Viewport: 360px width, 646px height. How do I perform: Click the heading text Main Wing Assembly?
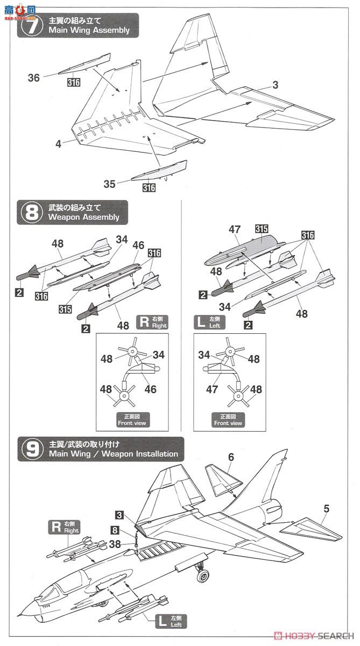pos(89,31)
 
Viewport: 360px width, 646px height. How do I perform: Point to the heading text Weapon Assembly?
pos(83,217)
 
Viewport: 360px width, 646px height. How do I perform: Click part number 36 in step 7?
pos(34,78)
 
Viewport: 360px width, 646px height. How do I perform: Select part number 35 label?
pos(109,184)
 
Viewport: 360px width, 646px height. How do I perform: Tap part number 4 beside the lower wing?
pos(58,144)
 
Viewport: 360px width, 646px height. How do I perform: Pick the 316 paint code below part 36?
pos(73,82)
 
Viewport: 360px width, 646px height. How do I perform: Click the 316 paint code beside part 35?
pos(149,188)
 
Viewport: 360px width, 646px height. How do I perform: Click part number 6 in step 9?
pos(231,457)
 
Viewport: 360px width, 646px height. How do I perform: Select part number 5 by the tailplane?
pos(326,508)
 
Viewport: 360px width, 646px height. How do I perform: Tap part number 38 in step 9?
pos(115,544)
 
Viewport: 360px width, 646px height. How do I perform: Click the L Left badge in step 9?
pos(168,621)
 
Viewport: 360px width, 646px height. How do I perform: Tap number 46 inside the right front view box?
pos(151,389)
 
